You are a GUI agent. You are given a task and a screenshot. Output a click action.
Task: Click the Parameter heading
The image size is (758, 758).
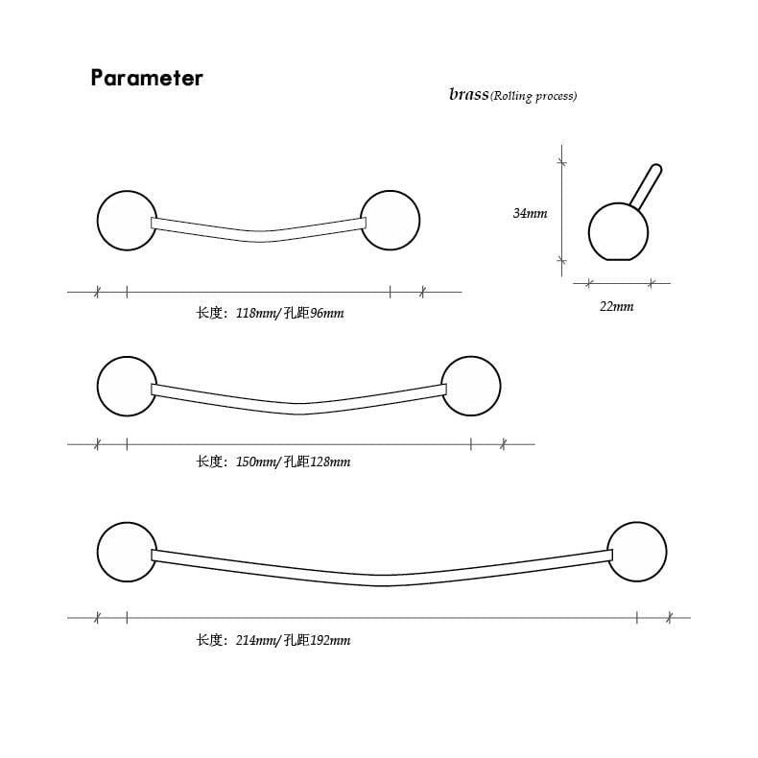click(x=147, y=78)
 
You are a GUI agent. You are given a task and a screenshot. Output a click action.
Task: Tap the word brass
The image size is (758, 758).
click(x=468, y=94)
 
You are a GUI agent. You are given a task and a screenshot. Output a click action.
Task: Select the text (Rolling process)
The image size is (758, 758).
click(x=533, y=96)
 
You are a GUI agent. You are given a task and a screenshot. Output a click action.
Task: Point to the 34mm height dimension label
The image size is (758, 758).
click(x=530, y=213)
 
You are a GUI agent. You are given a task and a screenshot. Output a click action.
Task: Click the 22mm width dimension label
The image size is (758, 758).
click(x=616, y=306)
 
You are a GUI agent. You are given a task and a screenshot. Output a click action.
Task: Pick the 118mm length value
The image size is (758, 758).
click(x=255, y=313)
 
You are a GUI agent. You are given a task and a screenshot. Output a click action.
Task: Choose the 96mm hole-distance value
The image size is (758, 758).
click(x=327, y=313)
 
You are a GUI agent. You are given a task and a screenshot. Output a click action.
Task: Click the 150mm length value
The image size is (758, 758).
click(x=255, y=462)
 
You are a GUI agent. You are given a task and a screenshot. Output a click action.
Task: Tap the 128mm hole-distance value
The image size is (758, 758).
click(x=330, y=462)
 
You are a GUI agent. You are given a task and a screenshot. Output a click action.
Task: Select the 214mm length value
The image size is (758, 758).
click(x=255, y=641)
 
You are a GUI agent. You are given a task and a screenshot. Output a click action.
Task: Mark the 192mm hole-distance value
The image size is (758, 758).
click(x=330, y=641)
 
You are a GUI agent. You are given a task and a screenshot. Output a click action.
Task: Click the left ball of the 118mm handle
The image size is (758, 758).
click(x=128, y=221)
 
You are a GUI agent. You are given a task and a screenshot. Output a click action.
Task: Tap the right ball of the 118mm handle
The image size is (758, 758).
click(x=391, y=221)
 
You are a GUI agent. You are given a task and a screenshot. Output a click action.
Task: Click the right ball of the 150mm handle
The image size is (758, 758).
click(x=471, y=387)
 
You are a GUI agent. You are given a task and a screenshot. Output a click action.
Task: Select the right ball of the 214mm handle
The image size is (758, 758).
click(x=637, y=552)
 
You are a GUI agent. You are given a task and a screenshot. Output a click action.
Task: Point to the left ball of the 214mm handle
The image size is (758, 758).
click(x=128, y=552)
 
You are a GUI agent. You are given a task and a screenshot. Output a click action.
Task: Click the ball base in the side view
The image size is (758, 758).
click(x=618, y=232)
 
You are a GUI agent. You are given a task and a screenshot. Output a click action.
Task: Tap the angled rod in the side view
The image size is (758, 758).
click(x=646, y=186)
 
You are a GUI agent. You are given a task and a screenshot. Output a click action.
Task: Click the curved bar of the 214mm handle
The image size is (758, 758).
click(x=382, y=580)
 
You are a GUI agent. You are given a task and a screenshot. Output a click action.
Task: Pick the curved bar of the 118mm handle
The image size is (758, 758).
click(x=259, y=236)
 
